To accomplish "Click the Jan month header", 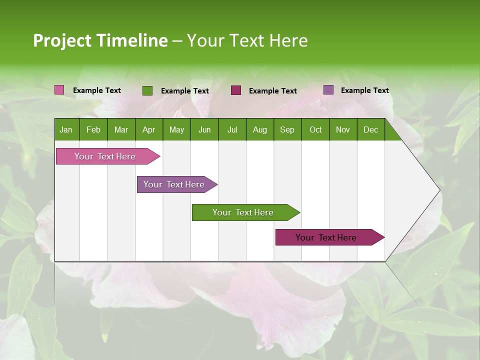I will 66,130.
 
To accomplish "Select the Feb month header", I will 93,130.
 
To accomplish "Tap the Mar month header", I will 121,130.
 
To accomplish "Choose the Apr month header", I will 148,130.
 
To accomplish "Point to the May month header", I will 176,130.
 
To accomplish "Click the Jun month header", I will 204,130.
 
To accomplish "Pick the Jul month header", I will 232,130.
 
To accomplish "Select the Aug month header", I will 259,130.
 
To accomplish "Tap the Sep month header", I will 287,130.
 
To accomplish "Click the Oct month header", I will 315,130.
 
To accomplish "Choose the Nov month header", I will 343,130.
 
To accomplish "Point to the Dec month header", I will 370,130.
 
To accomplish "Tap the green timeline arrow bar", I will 243,212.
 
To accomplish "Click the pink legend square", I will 59,90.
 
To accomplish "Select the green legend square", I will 147,90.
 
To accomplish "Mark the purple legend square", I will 328,90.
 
